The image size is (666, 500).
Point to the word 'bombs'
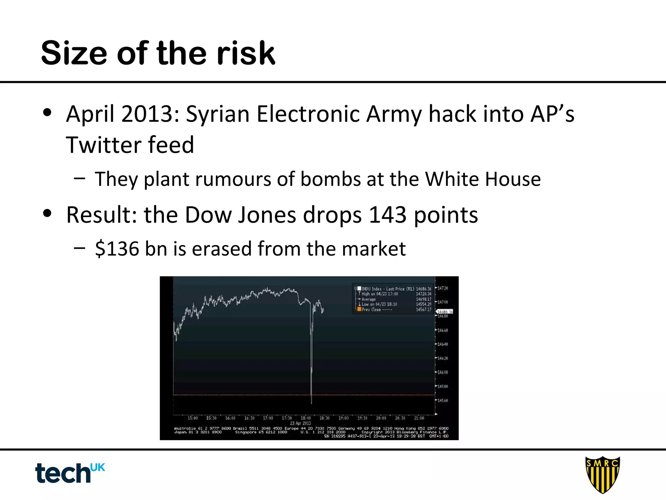(x=330, y=179)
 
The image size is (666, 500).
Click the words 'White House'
(x=483, y=179)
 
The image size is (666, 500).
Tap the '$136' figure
(x=117, y=249)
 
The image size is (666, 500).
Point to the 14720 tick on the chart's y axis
(x=443, y=288)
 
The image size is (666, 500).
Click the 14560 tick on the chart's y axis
(x=443, y=400)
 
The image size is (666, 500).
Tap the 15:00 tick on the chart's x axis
(x=193, y=418)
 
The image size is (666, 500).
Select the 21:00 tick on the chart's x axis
(x=419, y=418)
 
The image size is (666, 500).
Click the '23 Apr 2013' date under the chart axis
(x=300, y=423)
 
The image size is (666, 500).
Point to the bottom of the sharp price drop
(x=312, y=403)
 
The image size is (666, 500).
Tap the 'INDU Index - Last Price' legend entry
(x=387, y=289)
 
